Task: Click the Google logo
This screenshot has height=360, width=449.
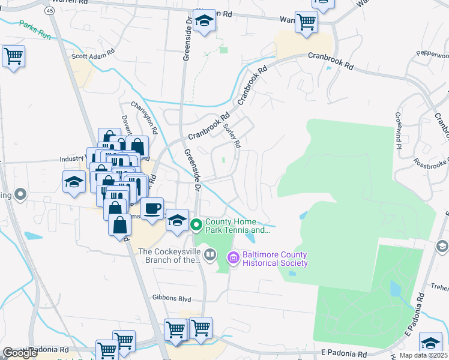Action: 20,353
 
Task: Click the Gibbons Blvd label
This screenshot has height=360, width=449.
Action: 171,298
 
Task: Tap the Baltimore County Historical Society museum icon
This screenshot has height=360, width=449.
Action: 232,259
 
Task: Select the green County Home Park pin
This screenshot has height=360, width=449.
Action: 196,226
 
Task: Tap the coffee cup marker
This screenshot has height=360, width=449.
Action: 153,208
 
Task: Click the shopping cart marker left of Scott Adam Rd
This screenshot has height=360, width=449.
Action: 13,56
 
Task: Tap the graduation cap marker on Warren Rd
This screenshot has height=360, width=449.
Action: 204,21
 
